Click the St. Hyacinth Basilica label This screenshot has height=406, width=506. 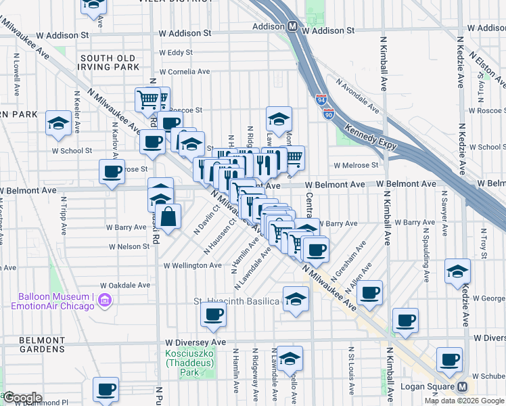pos(236,300)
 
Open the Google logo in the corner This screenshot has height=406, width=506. pos(22,398)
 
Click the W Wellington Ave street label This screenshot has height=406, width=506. pos(192,265)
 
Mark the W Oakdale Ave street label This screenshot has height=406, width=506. pos(124,286)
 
